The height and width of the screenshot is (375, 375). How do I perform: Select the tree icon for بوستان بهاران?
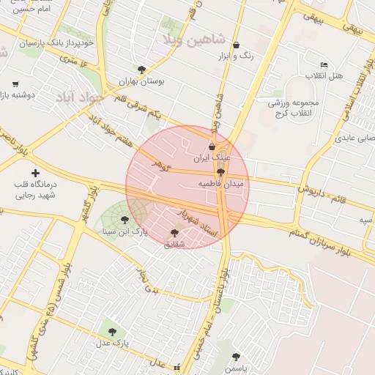click(142, 70)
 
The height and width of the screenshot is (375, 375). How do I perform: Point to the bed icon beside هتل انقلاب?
click(324, 65)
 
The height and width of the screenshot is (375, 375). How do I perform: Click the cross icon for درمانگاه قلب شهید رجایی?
click(35, 172)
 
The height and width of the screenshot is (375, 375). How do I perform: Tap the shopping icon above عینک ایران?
click(212, 146)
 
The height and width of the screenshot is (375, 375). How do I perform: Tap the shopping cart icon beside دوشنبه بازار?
click(15, 85)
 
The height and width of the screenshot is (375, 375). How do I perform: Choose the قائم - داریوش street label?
click(319, 194)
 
